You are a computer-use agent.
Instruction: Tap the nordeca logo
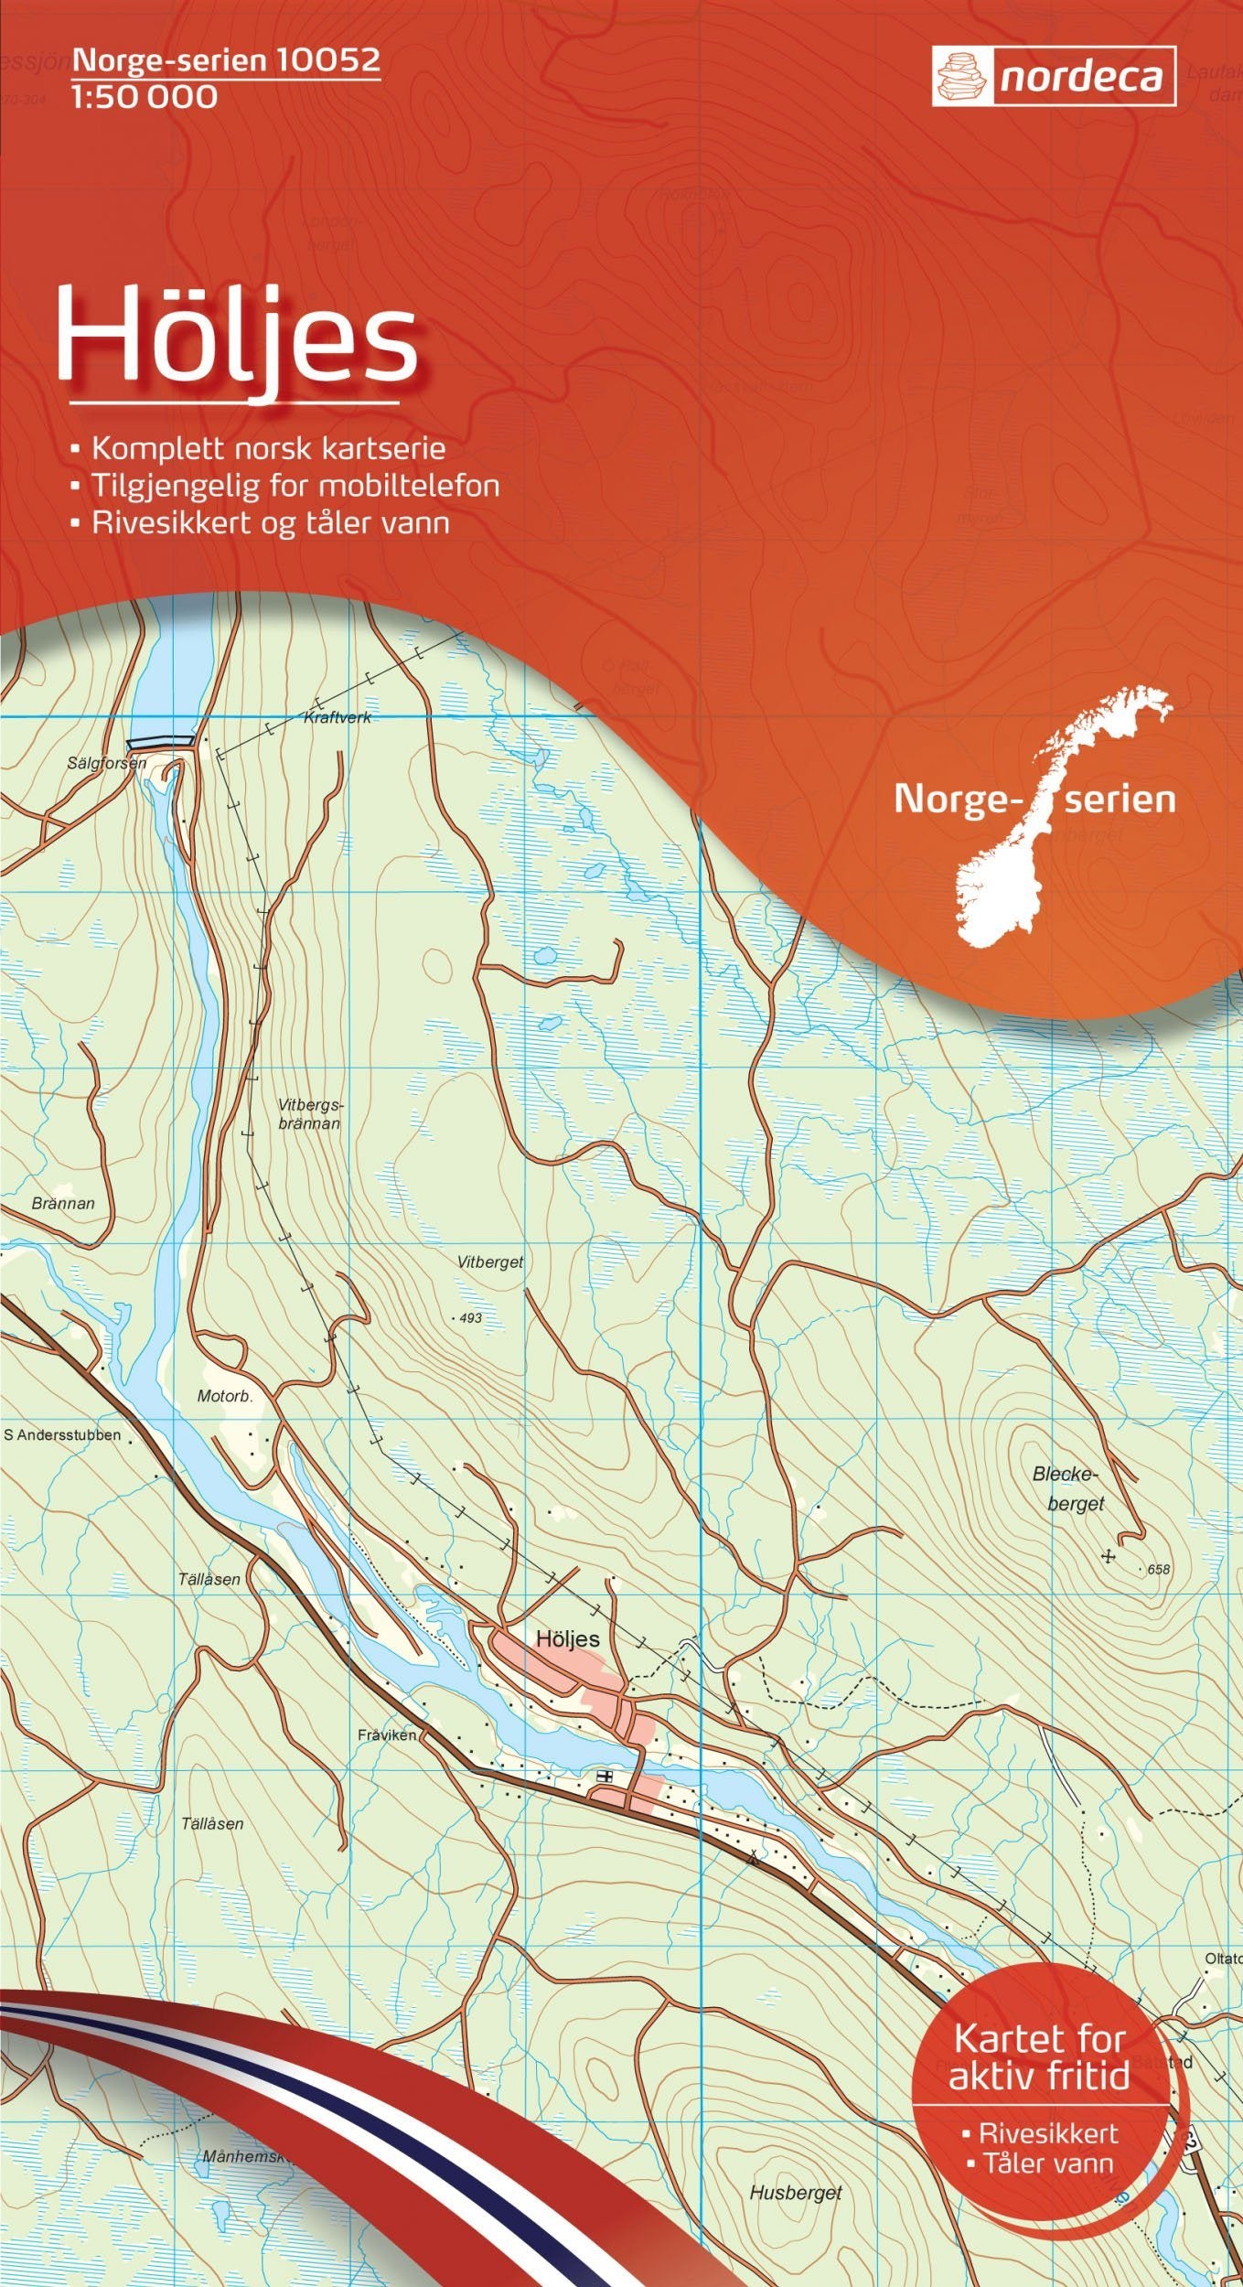click(x=1055, y=77)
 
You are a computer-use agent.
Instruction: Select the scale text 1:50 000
click(x=145, y=97)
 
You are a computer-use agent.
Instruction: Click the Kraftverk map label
click(x=337, y=718)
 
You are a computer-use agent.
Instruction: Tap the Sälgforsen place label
click(x=106, y=762)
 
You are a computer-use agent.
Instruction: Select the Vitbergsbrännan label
click(x=309, y=1113)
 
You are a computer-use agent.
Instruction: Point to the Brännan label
click(x=63, y=1203)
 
